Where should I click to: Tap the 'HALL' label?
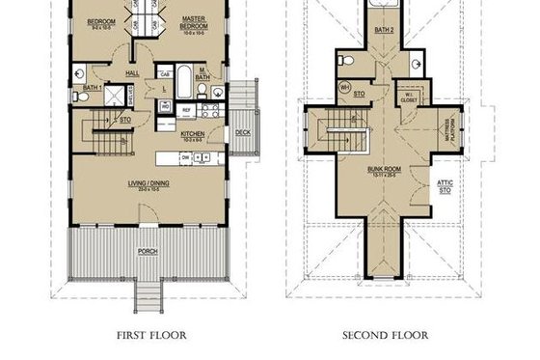(x=133, y=72)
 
